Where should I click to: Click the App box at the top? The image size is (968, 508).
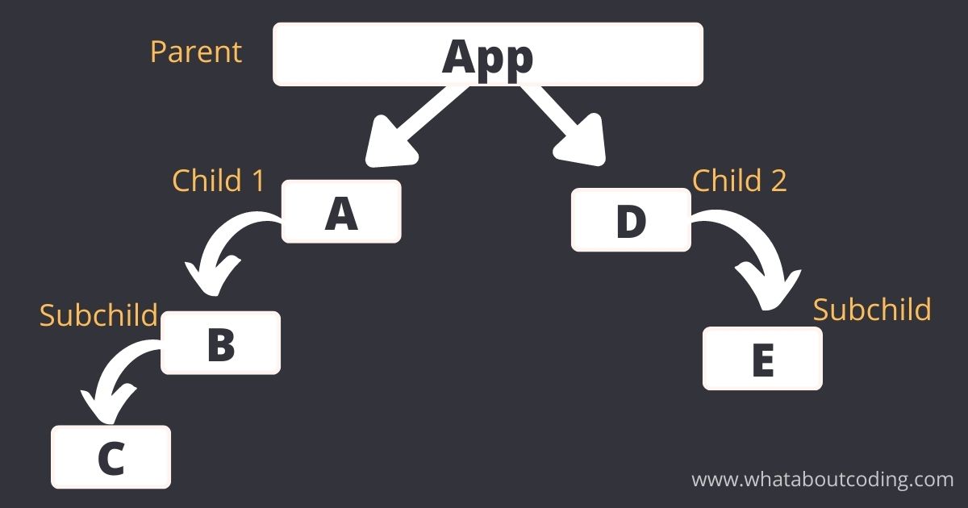click(488, 54)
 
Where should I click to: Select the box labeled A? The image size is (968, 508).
click(341, 211)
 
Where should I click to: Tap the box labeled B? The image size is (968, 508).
click(220, 343)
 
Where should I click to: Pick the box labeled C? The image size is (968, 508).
click(111, 457)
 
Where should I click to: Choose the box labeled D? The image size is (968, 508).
click(631, 219)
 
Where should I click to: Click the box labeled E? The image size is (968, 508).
click(763, 359)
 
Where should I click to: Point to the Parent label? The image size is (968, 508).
click(196, 52)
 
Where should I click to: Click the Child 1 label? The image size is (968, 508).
click(219, 180)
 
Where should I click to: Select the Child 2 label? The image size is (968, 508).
click(740, 180)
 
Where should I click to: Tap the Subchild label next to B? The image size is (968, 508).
click(98, 314)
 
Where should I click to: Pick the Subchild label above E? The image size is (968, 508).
click(872, 310)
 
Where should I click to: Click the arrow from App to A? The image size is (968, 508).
click(413, 126)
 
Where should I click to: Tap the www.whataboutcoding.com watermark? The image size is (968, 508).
click(822, 480)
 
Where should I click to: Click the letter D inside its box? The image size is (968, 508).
click(632, 221)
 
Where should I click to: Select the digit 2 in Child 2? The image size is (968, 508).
click(778, 181)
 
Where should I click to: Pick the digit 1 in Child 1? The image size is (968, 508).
click(258, 181)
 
